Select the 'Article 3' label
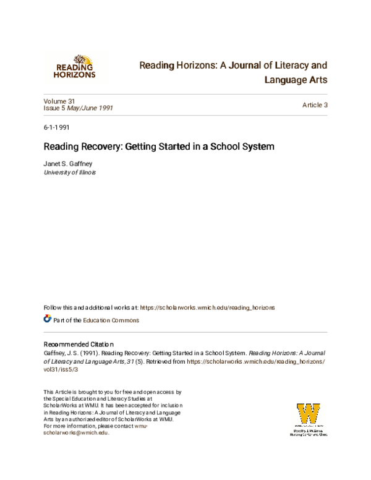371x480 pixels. tap(314, 105)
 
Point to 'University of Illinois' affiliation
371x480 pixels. tap(70, 173)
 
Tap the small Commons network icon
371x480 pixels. tap(47, 320)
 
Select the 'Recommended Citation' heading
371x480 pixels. tap(79, 343)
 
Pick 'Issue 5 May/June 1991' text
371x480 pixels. tap(78, 108)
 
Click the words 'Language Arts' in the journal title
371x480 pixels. tap(295, 80)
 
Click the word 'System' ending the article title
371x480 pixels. tap(257, 148)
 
